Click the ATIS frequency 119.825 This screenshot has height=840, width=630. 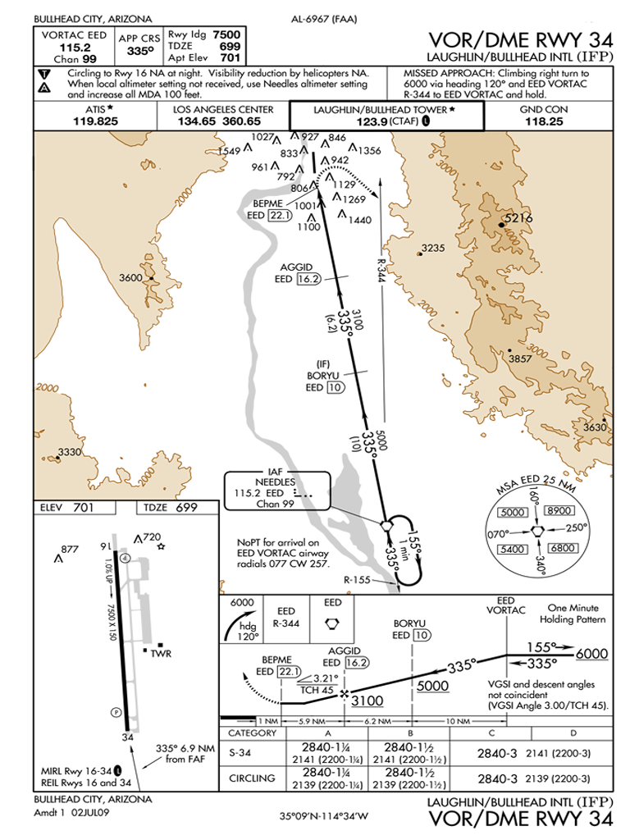(95, 121)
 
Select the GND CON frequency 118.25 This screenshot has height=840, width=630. (544, 121)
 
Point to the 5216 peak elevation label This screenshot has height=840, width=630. (518, 218)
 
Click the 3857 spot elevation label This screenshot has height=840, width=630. (520, 358)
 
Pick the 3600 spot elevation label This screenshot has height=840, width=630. (131, 277)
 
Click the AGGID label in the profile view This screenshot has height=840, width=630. (343, 651)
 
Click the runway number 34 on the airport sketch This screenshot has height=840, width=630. (127, 737)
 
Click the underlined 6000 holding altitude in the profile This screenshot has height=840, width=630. (591, 654)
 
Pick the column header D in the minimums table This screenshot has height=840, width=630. (571, 733)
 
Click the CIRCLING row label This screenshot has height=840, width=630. (251, 778)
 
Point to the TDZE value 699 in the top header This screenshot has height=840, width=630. (230, 47)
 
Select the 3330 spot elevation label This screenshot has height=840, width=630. (70, 452)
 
